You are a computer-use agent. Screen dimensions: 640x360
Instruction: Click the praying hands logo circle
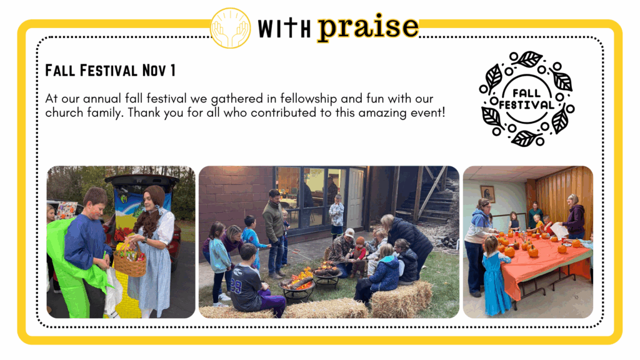click(x=230, y=27)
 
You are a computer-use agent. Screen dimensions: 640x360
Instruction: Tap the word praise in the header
click(x=368, y=27)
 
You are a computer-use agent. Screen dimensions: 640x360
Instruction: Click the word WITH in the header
click(x=284, y=28)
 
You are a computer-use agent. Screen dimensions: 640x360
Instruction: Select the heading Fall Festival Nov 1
click(x=110, y=70)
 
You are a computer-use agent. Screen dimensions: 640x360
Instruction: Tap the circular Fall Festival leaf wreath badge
click(x=527, y=98)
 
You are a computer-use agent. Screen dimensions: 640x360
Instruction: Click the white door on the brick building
click(x=356, y=198)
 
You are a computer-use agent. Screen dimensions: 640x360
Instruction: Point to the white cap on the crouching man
click(x=349, y=233)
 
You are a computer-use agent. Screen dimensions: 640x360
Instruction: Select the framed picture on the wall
click(x=487, y=194)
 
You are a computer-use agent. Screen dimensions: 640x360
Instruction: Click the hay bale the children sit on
click(x=401, y=299)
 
